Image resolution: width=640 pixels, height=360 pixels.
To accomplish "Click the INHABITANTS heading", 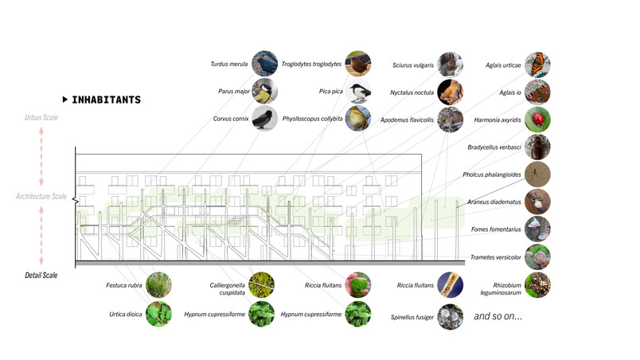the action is point(106,100).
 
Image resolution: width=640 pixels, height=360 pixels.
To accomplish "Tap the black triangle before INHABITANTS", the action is point(65,100).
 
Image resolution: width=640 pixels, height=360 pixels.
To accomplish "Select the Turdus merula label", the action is point(229,64).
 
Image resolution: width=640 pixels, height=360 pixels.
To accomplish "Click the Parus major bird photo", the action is point(264,91).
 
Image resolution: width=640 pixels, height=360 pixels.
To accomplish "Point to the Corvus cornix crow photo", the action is point(264,119).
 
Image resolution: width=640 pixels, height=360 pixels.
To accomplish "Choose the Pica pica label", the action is point(330,92).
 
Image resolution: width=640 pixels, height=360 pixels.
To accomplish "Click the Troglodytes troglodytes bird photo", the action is point(358,64).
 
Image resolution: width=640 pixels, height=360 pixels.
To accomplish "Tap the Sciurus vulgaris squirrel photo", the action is point(451,65).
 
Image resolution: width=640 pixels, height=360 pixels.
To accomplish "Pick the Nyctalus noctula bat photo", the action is point(451,92).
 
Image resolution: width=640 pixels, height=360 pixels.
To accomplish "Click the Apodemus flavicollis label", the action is point(407,120).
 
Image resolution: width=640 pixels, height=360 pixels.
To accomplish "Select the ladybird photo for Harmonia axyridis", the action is point(537,119).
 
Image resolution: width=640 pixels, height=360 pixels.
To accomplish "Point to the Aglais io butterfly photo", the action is point(537,92).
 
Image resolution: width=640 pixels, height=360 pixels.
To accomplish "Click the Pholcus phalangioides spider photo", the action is point(537,174).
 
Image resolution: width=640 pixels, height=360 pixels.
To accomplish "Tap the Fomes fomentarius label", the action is point(496,229).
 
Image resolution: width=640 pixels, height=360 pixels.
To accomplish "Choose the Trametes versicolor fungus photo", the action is point(537,256).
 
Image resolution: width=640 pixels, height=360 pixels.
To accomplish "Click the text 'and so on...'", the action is point(498,316).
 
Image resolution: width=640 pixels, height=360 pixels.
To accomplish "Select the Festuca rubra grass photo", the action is point(158,285).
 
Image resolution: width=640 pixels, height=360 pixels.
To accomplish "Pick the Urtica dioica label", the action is point(126,315).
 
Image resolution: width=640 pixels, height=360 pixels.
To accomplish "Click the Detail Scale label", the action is point(41,275).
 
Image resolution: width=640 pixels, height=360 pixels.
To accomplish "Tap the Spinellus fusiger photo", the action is point(451,317).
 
